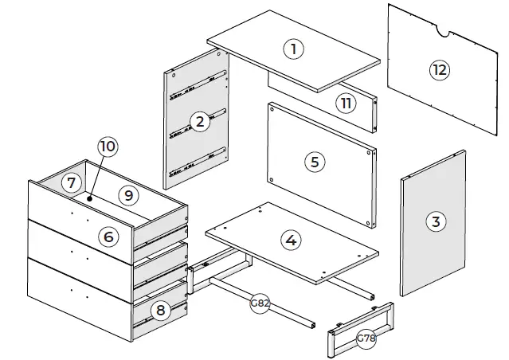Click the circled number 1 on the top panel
294,49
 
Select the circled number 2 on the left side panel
199,121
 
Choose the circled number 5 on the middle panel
315,162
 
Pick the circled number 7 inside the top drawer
72,183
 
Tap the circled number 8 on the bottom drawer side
160,311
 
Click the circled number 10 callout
108,147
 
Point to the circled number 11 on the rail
344,103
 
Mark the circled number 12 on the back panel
438,69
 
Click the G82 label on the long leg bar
259,303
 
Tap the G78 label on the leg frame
366,338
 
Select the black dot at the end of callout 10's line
90,198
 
